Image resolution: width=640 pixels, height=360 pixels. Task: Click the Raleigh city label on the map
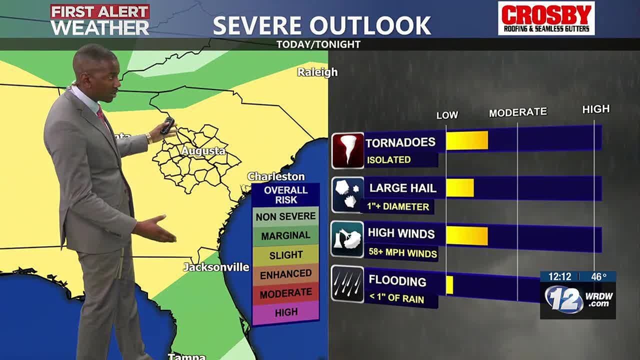317,72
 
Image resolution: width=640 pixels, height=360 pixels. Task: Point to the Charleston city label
276,176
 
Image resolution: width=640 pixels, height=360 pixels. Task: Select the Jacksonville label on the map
216,267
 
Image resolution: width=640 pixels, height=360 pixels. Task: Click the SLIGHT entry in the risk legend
286,255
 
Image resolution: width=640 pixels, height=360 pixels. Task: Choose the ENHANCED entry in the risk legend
286,274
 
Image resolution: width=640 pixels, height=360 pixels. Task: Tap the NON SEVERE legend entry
286,216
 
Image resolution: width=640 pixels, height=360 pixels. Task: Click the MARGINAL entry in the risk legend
286,235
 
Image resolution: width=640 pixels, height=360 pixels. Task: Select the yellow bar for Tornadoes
466,140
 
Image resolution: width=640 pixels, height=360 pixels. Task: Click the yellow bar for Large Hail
459,188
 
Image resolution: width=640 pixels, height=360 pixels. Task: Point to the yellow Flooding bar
449,284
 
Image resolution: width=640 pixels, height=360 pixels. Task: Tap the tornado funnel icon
347,150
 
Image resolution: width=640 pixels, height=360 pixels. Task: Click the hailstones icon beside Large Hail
347,194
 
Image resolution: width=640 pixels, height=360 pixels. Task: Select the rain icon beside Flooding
347,284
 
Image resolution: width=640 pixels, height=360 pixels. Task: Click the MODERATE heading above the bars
517,112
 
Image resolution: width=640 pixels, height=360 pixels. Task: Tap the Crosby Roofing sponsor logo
546,18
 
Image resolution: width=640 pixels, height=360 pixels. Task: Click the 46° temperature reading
598,276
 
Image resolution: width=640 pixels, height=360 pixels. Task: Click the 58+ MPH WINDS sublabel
402,253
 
